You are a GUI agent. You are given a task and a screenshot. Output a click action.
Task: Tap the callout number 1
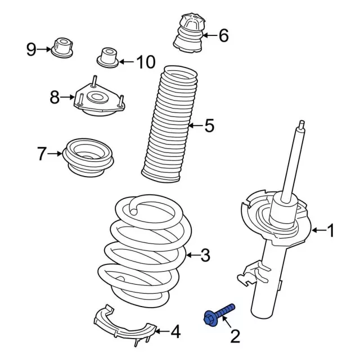(x=331, y=230)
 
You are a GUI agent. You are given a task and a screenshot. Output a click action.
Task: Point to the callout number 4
(x=175, y=333)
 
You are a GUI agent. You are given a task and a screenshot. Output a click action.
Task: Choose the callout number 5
(x=209, y=126)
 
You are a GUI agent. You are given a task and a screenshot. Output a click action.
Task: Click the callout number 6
(x=223, y=36)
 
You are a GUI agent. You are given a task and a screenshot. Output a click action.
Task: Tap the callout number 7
(x=41, y=153)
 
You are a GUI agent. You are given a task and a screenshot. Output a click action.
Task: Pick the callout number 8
(x=54, y=97)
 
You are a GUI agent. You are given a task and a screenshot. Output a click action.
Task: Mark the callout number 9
(x=31, y=49)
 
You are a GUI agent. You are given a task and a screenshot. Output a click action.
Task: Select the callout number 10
(x=145, y=62)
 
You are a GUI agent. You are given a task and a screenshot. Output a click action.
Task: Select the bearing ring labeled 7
(x=91, y=156)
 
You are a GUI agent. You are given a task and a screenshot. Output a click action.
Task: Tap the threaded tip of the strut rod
(x=302, y=125)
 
